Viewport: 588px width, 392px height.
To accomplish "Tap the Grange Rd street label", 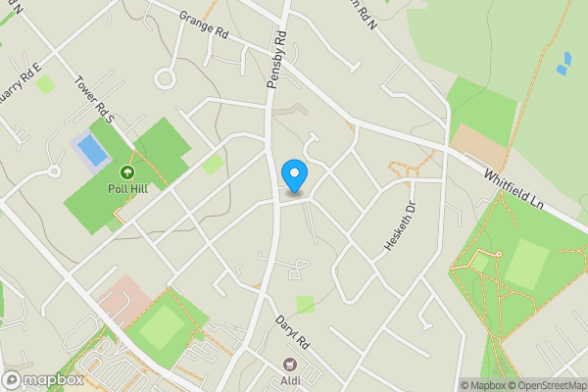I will (204, 24).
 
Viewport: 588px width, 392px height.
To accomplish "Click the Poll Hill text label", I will (127, 189).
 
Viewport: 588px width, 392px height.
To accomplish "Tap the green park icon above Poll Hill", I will (127, 173).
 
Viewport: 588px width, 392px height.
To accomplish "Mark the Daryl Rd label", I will (292, 333).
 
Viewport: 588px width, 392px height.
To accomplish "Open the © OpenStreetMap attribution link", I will (545, 385).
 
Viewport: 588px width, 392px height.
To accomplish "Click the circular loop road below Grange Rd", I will (165, 77).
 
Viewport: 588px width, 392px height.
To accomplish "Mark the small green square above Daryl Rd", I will (306, 305).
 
